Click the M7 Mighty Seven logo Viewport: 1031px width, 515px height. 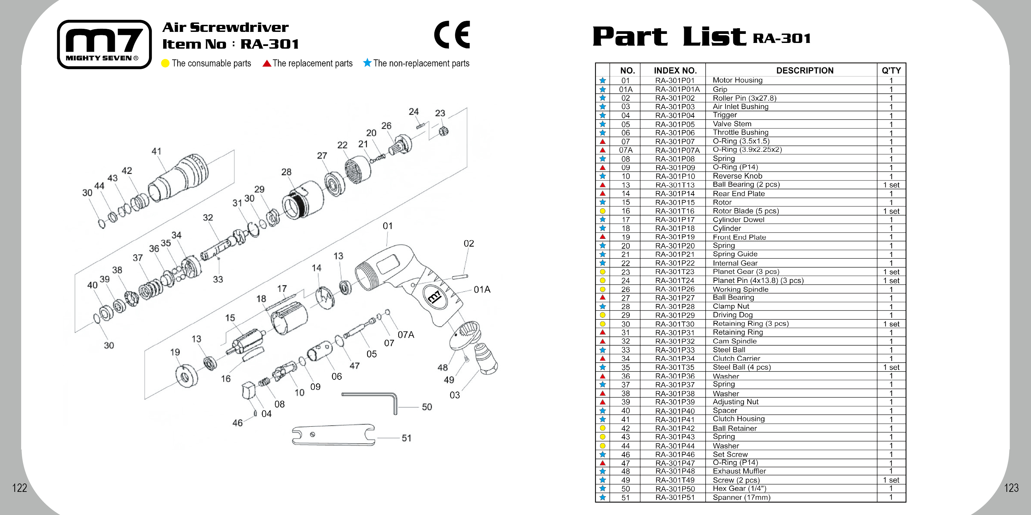tap(104, 44)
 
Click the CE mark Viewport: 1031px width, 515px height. tap(452, 35)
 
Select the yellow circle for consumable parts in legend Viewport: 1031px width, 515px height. tap(165, 63)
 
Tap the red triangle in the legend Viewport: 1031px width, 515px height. tap(267, 63)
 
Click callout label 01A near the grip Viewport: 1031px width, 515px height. tap(482, 290)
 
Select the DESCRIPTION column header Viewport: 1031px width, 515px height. tap(804, 71)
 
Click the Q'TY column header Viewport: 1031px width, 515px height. tap(891, 71)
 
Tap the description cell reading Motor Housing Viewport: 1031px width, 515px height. tap(737, 81)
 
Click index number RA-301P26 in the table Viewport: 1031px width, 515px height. tap(675, 289)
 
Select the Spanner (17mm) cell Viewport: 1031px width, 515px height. tap(741, 498)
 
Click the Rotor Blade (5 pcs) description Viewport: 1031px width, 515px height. tap(745, 211)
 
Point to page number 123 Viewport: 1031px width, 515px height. tap(1011, 488)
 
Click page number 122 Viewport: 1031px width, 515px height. tap(19, 488)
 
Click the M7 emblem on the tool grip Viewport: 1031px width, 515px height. tap(435, 297)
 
